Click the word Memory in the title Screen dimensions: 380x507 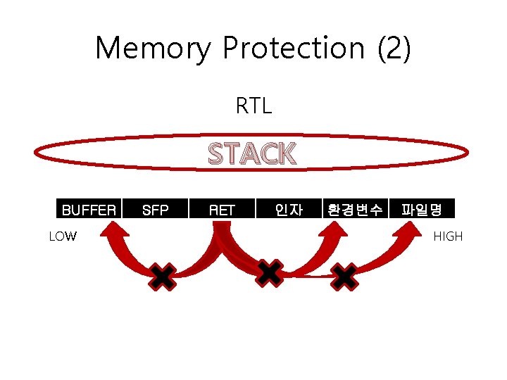tap(152, 49)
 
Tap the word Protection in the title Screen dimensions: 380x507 tap(294, 49)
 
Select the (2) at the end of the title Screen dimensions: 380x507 tap(394, 49)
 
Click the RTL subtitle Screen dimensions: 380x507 tap(254, 107)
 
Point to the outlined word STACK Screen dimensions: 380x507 tap(252, 153)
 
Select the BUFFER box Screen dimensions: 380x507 tap(89, 209)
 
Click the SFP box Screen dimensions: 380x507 tap(156, 209)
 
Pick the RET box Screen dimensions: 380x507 tap(222, 209)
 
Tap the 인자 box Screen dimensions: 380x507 tap(289, 209)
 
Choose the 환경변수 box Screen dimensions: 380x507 tap(355, 209)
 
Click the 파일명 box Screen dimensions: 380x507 tap(421, 209)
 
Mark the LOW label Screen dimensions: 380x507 tap(63, 236)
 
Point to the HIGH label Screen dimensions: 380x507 tap(448, 236)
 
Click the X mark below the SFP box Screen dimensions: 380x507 tap(162, 277)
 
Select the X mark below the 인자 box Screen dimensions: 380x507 tap(270, 272)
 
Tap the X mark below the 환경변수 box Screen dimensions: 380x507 tap(344, 277)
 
